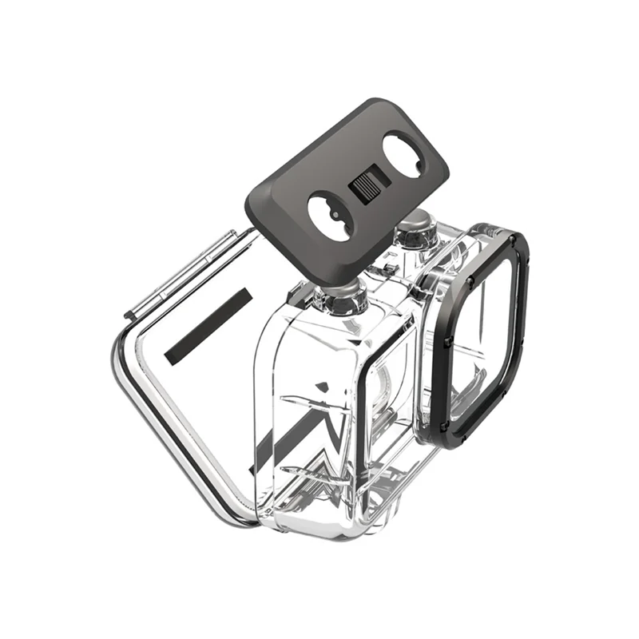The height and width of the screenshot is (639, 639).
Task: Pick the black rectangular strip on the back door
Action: [x=208, y=327]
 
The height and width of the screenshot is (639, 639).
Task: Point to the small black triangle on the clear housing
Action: [x=320, y=387]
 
